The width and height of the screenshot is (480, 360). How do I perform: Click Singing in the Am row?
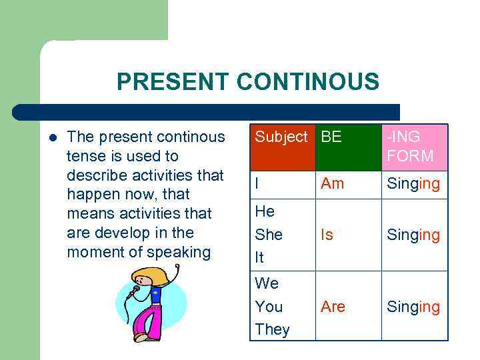pyautogui.click(x=413, y=184)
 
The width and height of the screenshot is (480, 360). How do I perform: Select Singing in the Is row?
pyautogui.click(x=413, y=235)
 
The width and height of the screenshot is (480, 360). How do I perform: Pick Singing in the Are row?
pyautogui.click(x=413, y=307)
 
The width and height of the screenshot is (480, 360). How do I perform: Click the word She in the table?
pyautogui.click(x=269, y=235)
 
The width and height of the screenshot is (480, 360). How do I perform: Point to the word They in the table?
pyautogui.click(x=272, y=329)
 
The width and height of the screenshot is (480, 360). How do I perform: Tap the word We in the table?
pyautogui.click(x=267, y=283)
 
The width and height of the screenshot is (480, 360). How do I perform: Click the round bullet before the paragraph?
pyautogui.click(x=53, y=137)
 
